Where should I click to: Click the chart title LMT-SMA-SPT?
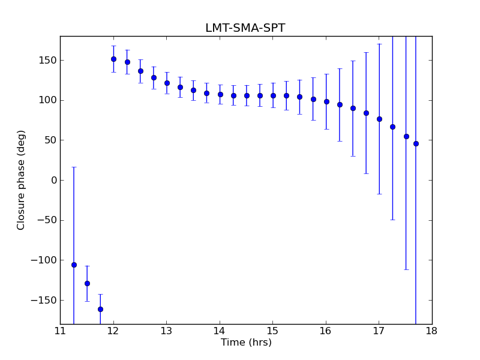[x=245, y=28]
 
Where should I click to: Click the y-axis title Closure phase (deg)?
[x=22, y=180]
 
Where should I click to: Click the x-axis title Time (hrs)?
[x=246, y=343]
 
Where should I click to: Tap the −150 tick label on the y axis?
[x=43, y=300]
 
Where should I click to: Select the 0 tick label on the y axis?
[x=53, y=180]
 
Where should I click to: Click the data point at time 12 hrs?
[x=113, y=59]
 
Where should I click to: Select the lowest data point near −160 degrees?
[x=100, y=309]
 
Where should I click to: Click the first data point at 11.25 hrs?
[x=74, y=265]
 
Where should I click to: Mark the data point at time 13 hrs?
[x=167, y=83]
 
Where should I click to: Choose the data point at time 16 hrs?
[x=326, y=101]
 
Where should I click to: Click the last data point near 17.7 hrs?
[x=416, y=143]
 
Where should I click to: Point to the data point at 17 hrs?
[x=379, y=119]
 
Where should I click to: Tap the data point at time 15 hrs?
[x=273, y=95]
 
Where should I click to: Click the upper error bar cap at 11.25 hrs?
[x=74, y=167]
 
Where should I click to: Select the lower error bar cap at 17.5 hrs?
[x=406, y=269]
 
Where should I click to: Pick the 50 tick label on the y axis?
[x=50, y=140]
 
